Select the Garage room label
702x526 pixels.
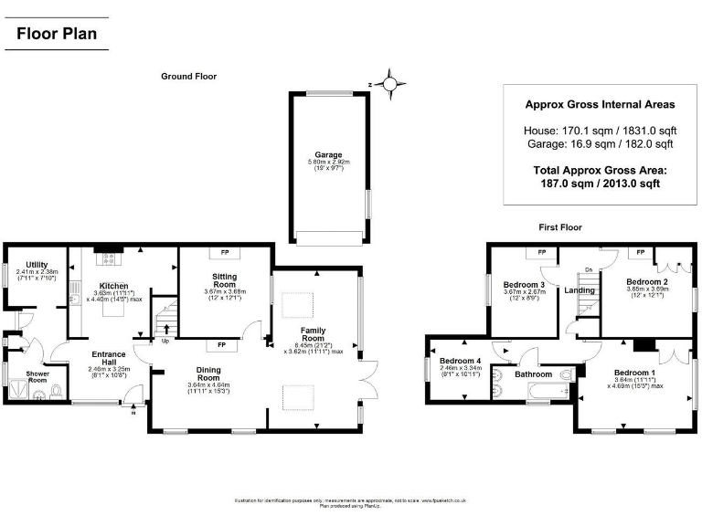[328, 155]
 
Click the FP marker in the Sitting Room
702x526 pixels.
[224, 253]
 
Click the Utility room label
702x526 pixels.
[37, 264]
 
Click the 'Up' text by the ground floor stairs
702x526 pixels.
[165, 342]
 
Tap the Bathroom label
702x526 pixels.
[533, 374]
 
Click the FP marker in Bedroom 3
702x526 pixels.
[541, 252]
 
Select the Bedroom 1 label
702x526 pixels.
[633, 373]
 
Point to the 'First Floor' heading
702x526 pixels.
[560, 227]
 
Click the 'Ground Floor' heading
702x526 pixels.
[188, 77]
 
